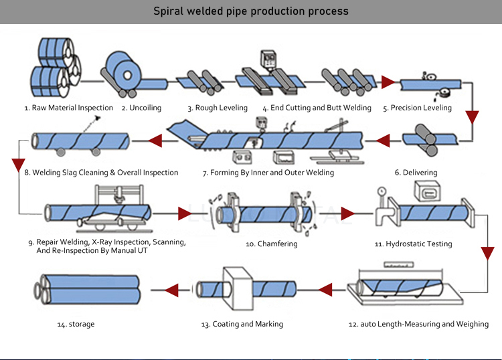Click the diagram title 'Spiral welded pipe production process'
(251, 11)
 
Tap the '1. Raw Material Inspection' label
(69, 108)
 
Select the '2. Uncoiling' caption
(141, 108)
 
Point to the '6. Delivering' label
(416, 173)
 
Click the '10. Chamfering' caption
(272, 244)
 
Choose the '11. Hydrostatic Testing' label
(414, 244)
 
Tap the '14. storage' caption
(76, 324)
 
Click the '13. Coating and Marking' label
(242, 324)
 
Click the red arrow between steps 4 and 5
(388, 82)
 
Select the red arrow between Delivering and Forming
(383, 141)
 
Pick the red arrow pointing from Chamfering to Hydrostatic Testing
(347, 213)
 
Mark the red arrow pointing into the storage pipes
(171, 290)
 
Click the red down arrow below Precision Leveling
(473, 118)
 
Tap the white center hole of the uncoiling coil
(127, 76)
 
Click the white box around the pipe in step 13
(238, 289)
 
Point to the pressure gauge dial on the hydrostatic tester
(382, 191)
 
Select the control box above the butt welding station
(268, 59)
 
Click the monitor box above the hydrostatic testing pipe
(428, 191)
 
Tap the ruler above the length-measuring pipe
(398, 264)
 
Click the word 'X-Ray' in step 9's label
(102, 242)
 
